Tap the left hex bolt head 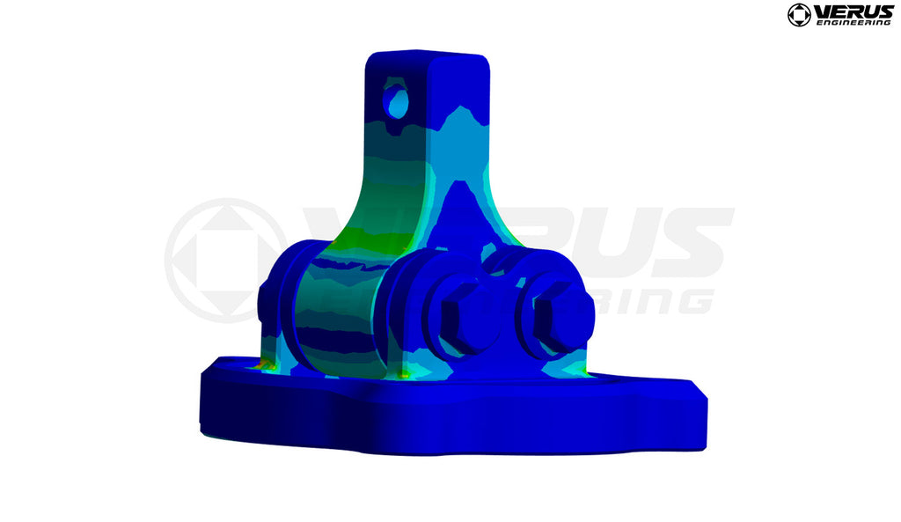[x=466, y=312]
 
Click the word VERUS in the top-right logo [x=853, y=11]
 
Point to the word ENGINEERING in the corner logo [x=853, y=22]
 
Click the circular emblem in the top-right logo [x=799, y=15]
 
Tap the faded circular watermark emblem [x=224, y=260]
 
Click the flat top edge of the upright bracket [x=427, y=55]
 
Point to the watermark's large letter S [x=695, y=242]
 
